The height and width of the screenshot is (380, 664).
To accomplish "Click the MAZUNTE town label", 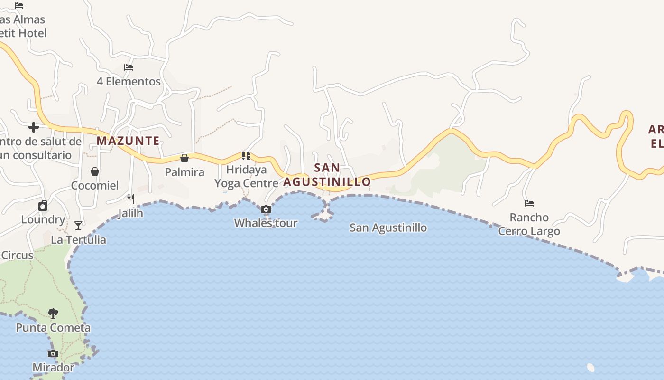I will pos(128,141).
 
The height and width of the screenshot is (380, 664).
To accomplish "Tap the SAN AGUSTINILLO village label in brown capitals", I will pos(327,175).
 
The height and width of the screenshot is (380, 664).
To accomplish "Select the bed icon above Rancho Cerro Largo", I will pos(529,203).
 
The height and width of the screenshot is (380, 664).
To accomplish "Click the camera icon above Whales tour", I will pos(266,209).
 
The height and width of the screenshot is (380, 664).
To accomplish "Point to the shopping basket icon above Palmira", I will pos(184,158).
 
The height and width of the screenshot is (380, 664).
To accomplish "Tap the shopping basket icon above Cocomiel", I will pos(95,171).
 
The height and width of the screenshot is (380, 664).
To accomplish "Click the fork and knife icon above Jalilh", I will pos(131,199).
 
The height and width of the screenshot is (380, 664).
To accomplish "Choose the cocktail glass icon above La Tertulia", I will pos(78,226).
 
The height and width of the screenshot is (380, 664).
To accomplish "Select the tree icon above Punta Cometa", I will pos(53,313).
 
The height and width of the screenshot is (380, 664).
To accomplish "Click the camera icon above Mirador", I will pos(53,353).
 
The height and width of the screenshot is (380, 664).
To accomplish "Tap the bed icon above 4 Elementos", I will pos(129,67).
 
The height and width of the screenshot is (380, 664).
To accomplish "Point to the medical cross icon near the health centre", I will pos(34,127).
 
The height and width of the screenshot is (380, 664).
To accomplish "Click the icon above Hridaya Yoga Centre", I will pos(246,155).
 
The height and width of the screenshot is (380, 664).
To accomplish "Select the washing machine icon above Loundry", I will pos(43,206).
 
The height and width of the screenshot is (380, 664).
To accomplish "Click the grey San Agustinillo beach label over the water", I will pos(388,228).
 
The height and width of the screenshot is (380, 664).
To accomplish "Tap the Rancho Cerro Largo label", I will pos(529,224).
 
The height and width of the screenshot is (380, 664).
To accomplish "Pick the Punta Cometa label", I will pos(53,328).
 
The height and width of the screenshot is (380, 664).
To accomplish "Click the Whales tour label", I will pos(266,223).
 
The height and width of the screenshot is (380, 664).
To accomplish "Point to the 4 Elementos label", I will pos(129,82).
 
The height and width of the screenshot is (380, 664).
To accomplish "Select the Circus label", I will pos(17,255).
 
